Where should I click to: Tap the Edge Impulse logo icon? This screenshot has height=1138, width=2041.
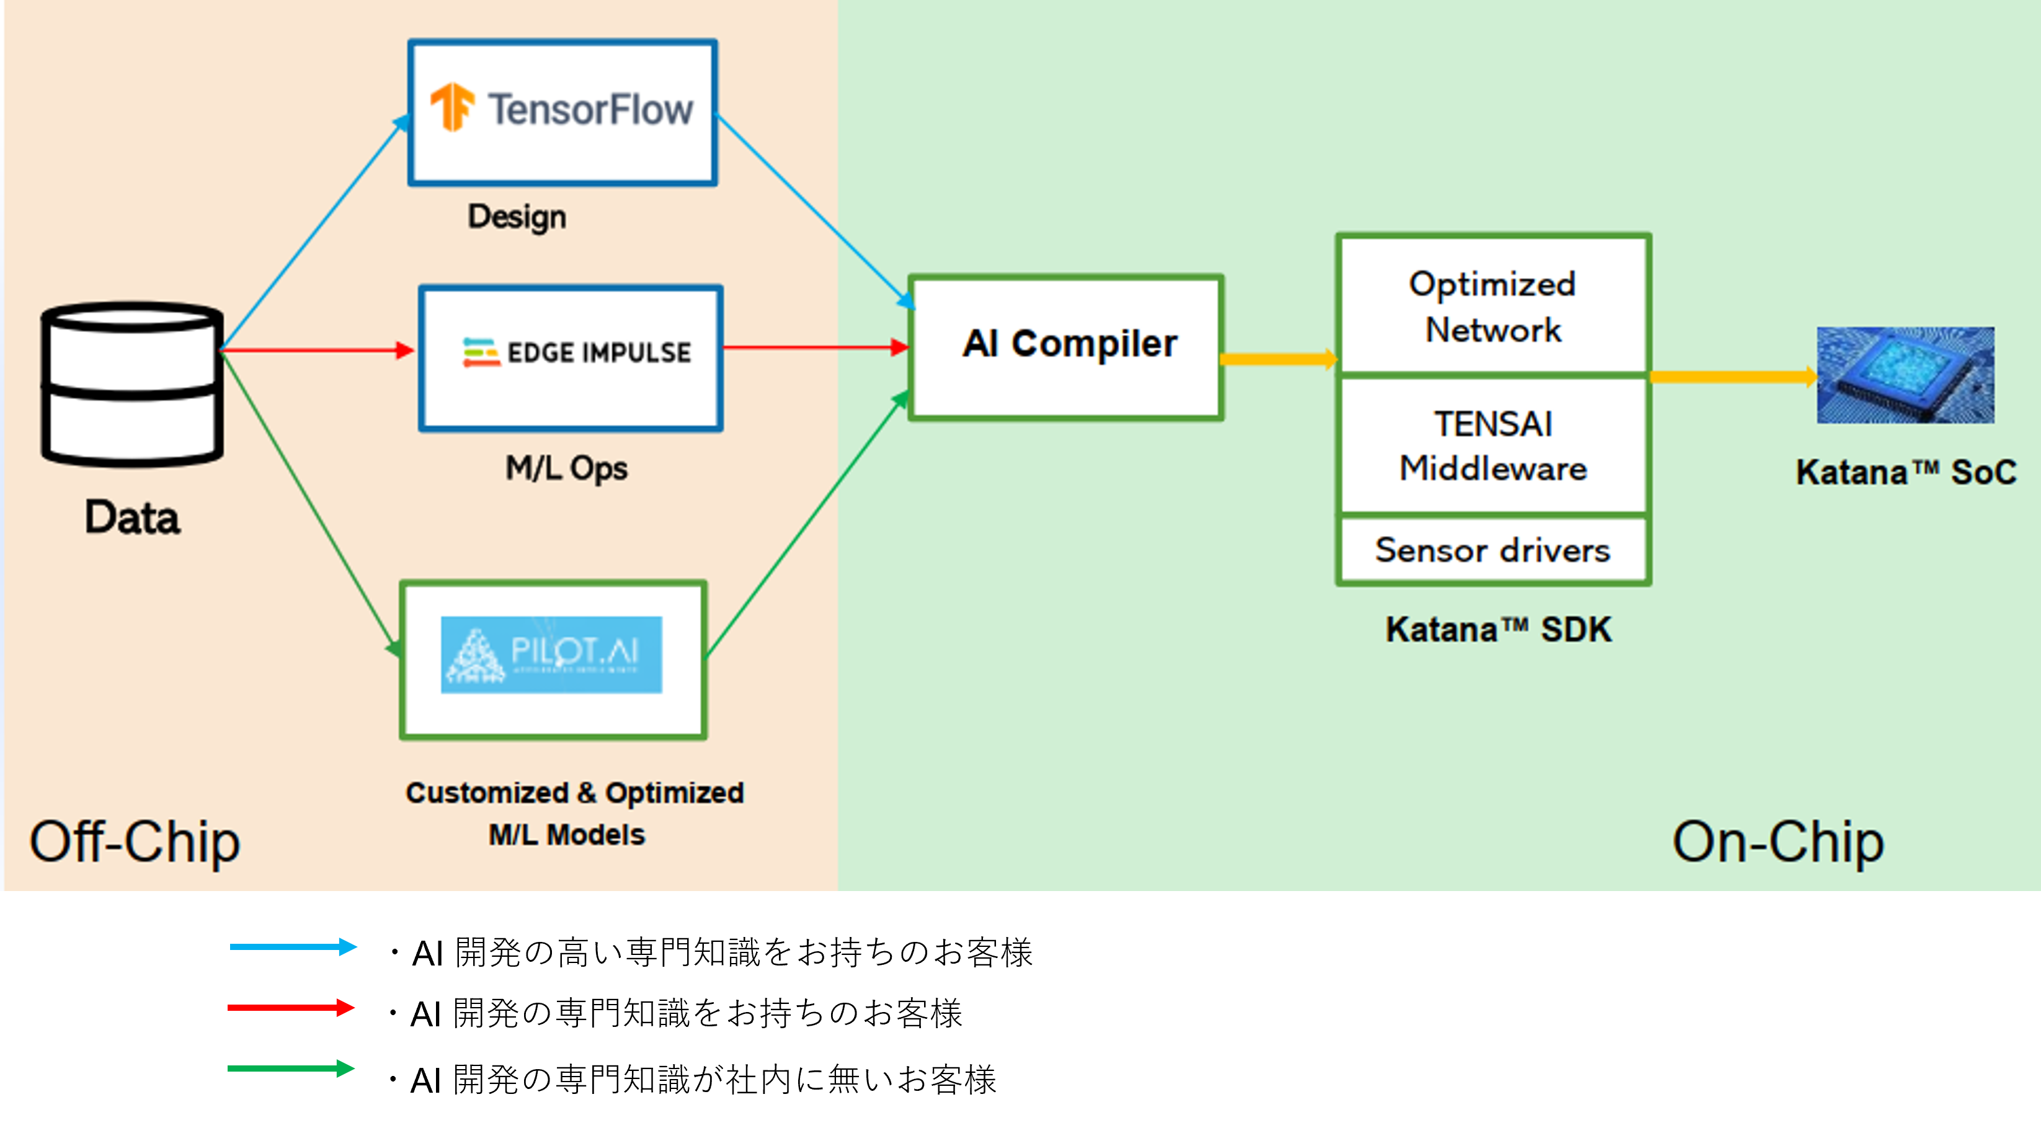tap(481, 352)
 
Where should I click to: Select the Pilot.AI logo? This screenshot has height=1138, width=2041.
tap(551, 655)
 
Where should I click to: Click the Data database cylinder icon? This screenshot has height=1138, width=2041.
tap(132, 383)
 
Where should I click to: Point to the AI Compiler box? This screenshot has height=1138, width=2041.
tap(1067, 347)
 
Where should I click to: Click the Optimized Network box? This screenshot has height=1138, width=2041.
tap(1493, 306)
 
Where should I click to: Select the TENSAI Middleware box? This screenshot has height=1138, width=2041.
tap(1493, 446)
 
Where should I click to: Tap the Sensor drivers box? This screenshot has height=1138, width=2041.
tap(1493, 550)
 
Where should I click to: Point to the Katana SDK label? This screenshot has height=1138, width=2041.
tap(1498, 630)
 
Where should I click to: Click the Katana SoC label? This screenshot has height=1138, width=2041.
tap(1906, 472)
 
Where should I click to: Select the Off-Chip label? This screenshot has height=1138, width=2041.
tap(135, 841)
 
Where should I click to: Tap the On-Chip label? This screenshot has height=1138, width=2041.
tap(1777, 841)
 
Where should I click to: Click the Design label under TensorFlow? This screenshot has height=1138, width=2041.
tap(517, 217)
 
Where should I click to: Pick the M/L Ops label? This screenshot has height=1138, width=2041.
tap(566, 468)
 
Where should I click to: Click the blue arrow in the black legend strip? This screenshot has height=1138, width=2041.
tap(293, 946)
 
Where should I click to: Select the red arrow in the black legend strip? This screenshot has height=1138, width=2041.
tap(291, 1007)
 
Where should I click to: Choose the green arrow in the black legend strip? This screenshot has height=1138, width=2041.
tap(291, 1069)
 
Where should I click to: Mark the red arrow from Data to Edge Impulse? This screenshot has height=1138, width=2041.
tap(317, 349)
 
